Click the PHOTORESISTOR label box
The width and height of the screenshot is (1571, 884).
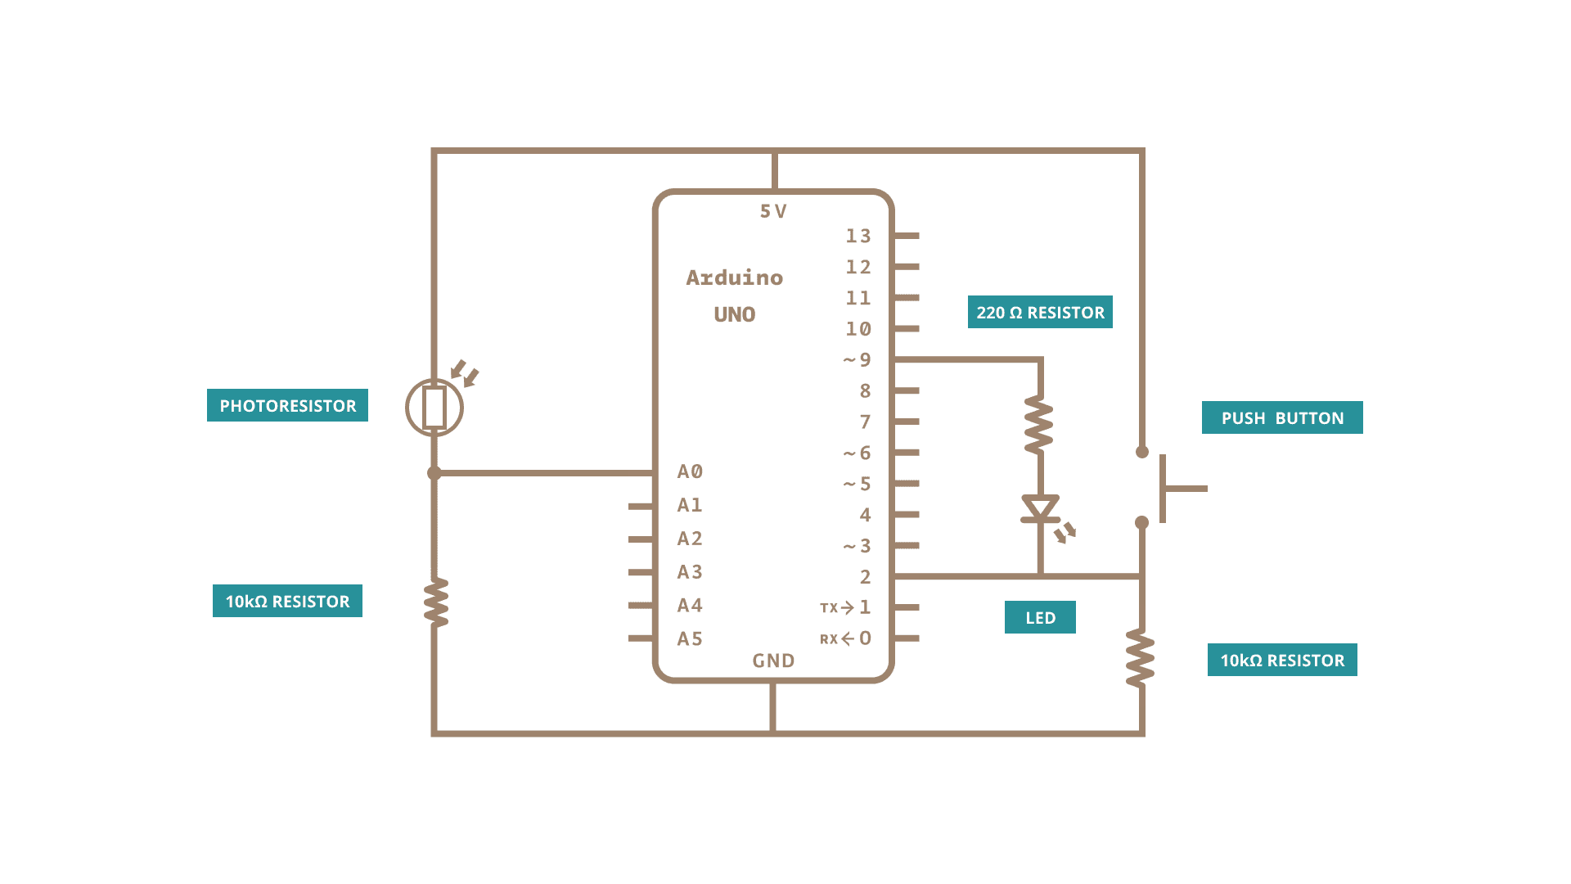click(x=287, y=405)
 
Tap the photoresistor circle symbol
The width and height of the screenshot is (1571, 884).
click(x=434, y=408)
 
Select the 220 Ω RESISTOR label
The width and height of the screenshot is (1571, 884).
click(x=1040, y=312)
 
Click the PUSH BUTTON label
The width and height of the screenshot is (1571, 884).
click(x=1282, y=417)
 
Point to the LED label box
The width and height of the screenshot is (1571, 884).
click(x=1040, y=617)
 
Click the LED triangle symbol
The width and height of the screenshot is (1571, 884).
click(x=1040, y=508)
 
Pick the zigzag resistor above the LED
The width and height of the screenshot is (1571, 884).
click(x=1039, y=424)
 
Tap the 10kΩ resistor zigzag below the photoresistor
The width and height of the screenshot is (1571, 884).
click(x=435, y=602)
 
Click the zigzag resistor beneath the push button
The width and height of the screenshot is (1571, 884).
click(x=1141, y=658)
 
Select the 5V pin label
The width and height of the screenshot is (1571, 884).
click(x=773, y=211)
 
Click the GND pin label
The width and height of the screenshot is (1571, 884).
click(x=773, y=661)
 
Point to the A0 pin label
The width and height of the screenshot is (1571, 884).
click(x=690, y=471)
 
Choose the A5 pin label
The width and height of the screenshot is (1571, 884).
click(x=690, y=638)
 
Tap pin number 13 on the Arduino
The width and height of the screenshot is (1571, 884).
click(x=858, y=236)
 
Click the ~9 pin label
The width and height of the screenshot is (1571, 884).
click(x=858, y=360)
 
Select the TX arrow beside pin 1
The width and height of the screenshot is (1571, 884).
click(x=838, y=607)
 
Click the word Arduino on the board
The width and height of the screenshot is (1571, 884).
click(x=734, y=277)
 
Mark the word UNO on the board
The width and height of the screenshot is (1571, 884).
click(x=734, y=314)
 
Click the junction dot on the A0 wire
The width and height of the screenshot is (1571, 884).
click(x=434, y=473)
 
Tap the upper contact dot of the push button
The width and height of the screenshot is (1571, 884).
click(x=1142, y=452)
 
